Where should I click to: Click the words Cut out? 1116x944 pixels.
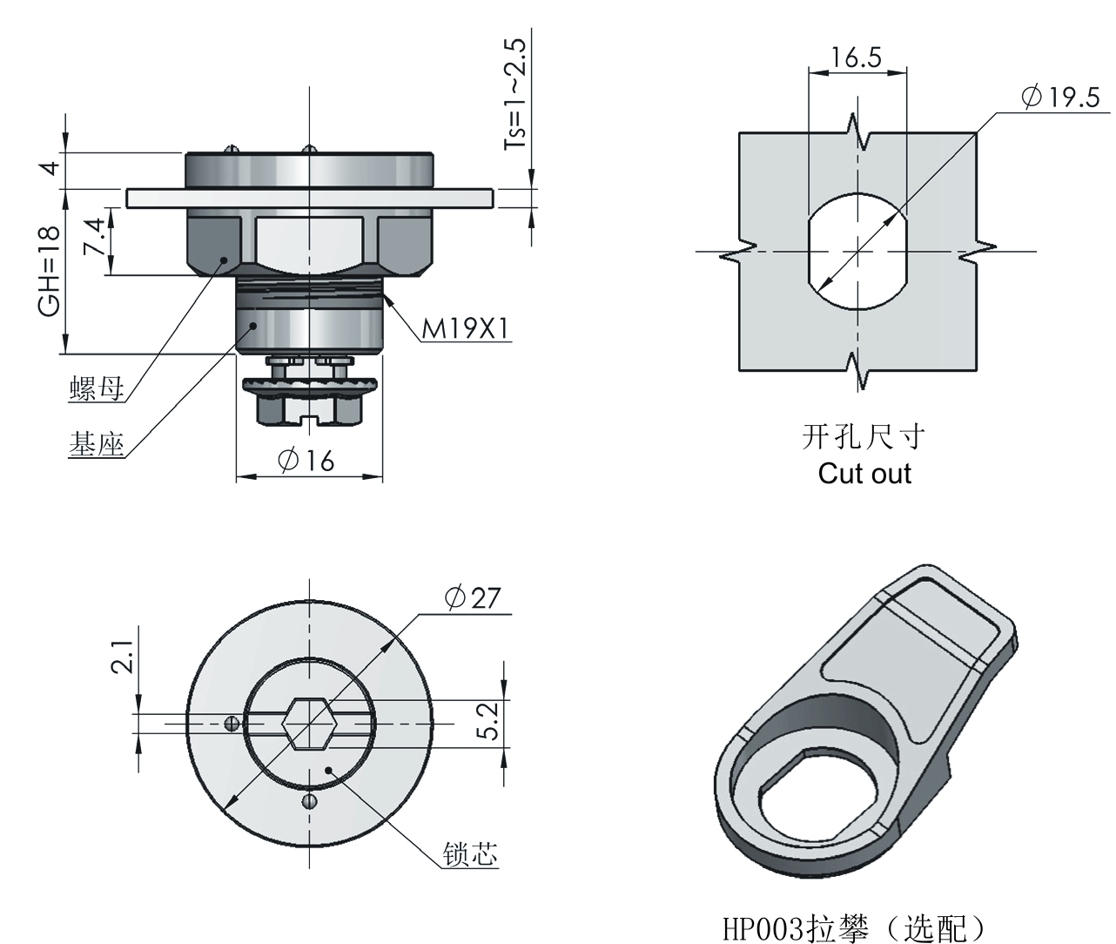[864, 474]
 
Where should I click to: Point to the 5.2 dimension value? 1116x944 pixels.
[488, 722]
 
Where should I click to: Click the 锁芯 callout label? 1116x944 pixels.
[469, 854]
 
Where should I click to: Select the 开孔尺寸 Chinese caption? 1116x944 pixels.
[863, 436]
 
